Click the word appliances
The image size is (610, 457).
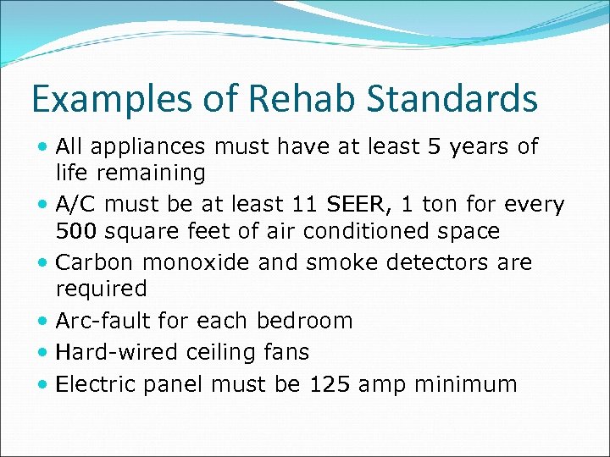tap(149, 147)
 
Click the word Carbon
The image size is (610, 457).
tap(94, 262)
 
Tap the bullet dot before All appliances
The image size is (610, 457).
tap(44, 147)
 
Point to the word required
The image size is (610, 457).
tap(101, 289)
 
